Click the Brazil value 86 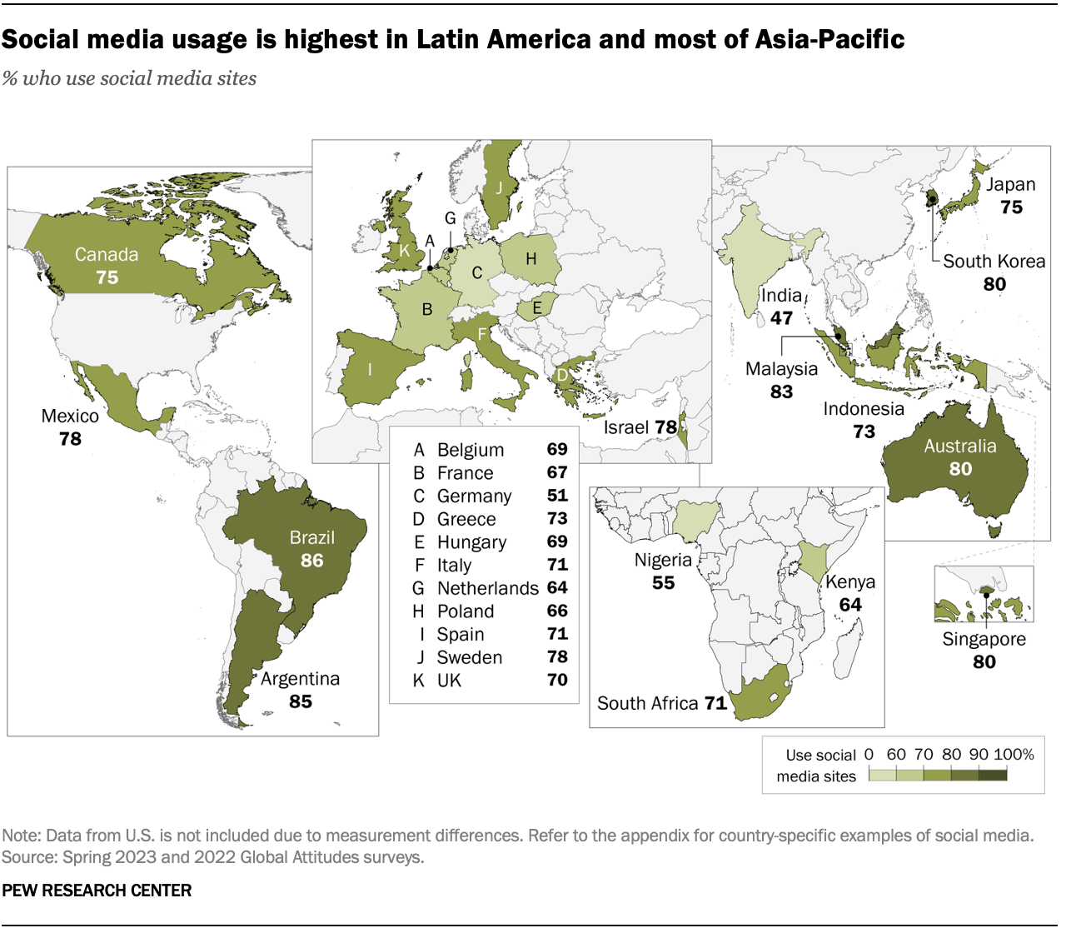(311, 561)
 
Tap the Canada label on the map (107, 255)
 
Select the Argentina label (300, 679)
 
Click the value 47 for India (781, 318)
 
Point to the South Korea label (994, 262)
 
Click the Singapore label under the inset (984, 639)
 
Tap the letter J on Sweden (499, 187)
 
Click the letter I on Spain (370, 369)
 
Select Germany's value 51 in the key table (557, 496)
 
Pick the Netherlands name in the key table (487, 588)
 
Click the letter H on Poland (531, 259)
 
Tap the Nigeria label (663, 560)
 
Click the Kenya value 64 (850, 605)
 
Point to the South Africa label (647, 703)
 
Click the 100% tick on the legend (1014, 755)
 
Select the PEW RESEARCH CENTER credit (97, 891)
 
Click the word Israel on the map (625, 427)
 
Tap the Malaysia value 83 (781, 392)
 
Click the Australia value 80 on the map (960, 469)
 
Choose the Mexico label (70, 416)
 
